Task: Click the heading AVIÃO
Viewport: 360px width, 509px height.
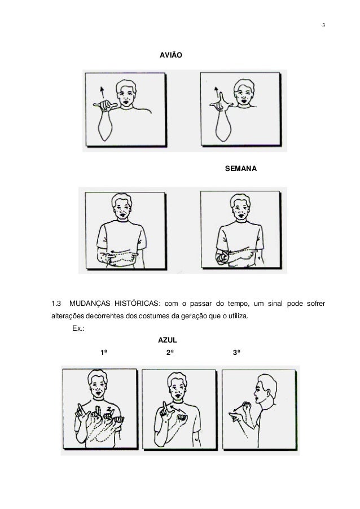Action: point(171,55)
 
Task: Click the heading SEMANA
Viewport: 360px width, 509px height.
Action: point(241,169)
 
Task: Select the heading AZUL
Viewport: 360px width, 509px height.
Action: point(168,340)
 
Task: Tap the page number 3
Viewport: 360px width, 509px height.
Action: point(323,25)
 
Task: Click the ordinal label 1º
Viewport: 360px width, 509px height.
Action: point(104,353)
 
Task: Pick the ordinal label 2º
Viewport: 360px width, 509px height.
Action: point(170,353)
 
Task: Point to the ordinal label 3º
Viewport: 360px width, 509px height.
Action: point(236,353)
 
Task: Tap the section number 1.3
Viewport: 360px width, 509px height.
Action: point(56,304)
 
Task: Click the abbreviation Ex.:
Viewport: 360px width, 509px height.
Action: point(78,328)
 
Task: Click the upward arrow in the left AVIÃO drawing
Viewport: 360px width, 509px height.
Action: point(103,93)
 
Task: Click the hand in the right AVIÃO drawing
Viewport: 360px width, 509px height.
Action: point(221,102)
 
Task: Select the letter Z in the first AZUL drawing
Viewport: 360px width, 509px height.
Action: point(109,409)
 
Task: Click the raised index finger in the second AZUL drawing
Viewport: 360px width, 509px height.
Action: point(165,407)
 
